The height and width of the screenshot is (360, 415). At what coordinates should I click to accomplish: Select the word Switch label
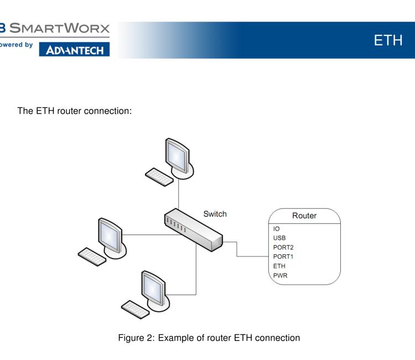point(215,213)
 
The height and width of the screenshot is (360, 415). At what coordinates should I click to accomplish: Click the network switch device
point(193,228)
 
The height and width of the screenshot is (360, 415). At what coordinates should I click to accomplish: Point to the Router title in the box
point(304,215)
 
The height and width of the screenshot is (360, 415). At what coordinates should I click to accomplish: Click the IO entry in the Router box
point(277,228)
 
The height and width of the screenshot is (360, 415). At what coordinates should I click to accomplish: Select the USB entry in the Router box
point(280,238)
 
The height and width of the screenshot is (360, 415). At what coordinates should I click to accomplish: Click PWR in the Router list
point(281,275)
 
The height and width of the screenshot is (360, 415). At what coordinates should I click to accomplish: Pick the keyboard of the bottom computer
point(136,307)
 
